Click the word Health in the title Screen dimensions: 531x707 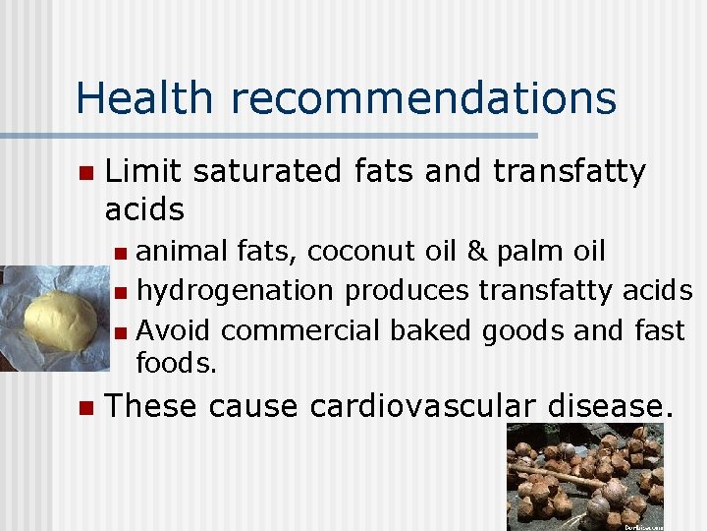point(142,98)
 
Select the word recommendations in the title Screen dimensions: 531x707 point(423,99)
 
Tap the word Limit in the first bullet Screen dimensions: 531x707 point(143,171)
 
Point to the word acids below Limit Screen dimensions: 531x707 point(144,209)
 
